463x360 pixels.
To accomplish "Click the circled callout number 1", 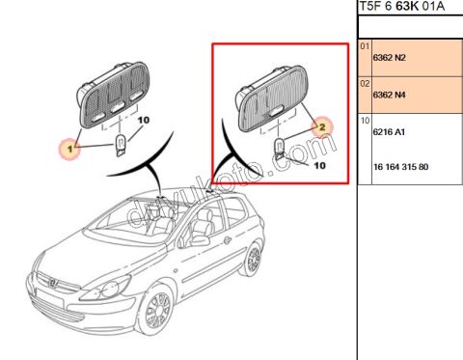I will (68, 149).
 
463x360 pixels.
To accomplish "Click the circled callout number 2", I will (322, 125).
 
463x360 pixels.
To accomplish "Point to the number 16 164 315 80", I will (400, 167).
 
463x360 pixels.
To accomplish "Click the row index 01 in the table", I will (365, 45).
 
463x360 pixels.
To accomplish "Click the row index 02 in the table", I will (365, 82).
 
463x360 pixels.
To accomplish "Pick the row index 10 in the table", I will (365, 121).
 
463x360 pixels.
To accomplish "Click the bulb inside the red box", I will (279, 148).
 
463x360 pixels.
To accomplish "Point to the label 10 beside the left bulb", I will (145, 120).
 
